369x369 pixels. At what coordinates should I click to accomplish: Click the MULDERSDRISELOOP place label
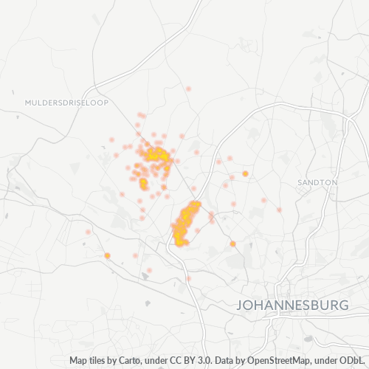pos(66,103)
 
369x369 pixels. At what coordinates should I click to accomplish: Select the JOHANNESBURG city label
pos(292,305)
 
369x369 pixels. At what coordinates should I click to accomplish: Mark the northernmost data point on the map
pos(188,89)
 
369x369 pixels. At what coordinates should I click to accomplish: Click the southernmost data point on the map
pos(188,278)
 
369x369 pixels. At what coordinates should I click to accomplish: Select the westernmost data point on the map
pos(88,232)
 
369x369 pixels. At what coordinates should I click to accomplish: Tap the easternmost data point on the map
pos(280,210)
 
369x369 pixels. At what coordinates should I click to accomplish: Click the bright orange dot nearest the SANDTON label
pos(245,173)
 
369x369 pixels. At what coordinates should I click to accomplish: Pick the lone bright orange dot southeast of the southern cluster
pos(232,244)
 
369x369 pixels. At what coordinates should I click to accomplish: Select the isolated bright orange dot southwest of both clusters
pos(107,255)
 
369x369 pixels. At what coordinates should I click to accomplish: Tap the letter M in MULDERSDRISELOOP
pos(27,103)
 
